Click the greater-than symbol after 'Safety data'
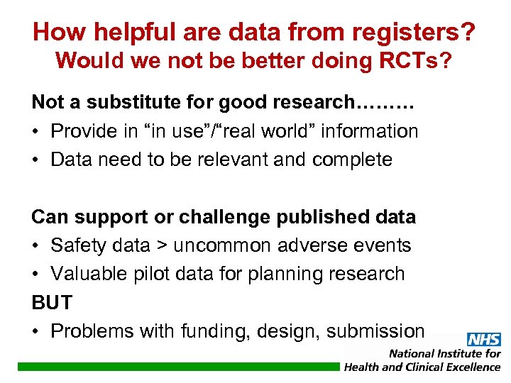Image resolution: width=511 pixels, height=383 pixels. (161, 246)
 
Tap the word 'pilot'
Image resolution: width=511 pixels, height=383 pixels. (155, 274)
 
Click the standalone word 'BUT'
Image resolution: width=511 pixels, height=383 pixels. (52, 303)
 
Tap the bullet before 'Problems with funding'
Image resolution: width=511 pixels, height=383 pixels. (37, 331)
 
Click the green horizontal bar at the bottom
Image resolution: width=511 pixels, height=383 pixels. (177, 367)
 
